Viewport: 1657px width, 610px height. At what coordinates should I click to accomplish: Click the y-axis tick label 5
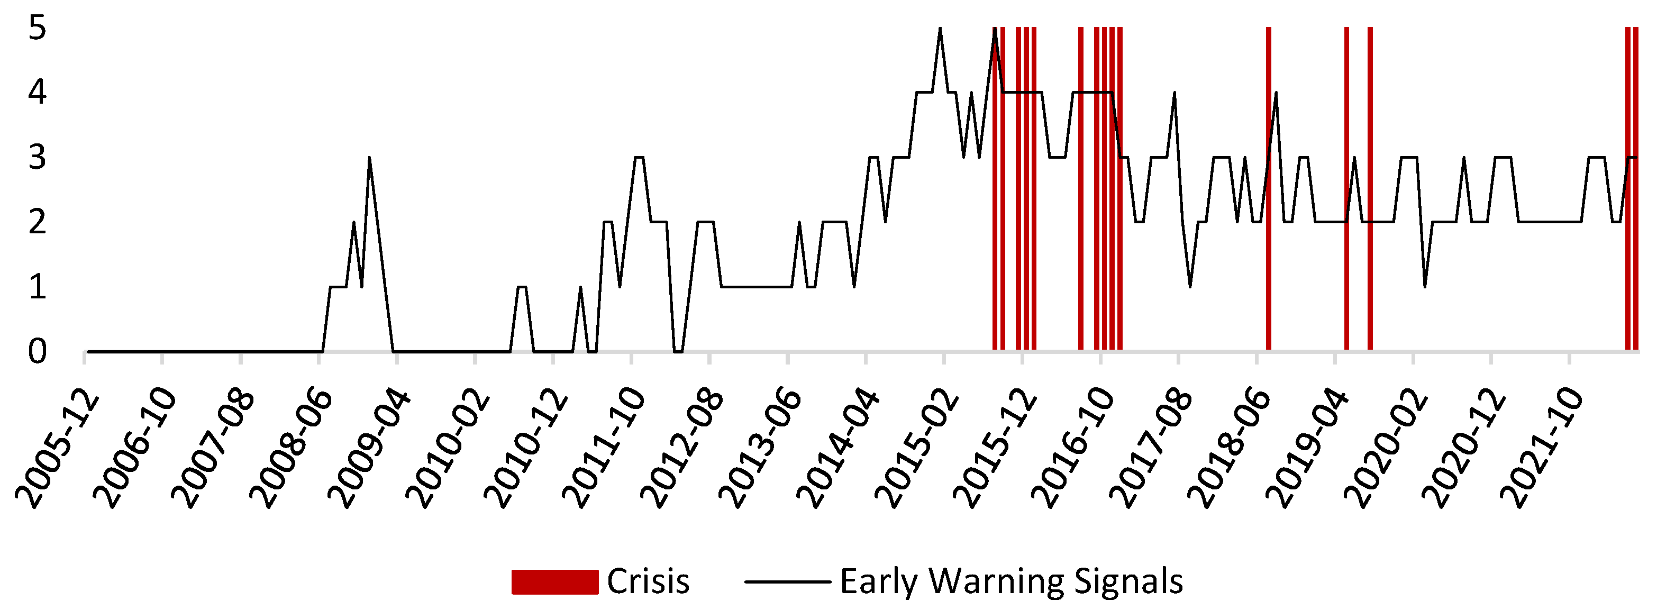coord(38,29)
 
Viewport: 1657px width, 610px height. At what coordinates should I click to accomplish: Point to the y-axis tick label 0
coord(38,352)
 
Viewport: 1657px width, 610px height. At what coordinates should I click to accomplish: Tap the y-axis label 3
coord(38,158)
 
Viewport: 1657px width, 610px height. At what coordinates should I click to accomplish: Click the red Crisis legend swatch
coord(554,581)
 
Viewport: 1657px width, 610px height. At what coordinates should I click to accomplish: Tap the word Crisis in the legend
coord(648,581)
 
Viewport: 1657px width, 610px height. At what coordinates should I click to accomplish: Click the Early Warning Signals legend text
coord(1011,581)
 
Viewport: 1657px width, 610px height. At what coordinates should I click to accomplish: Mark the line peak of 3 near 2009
coord(369,158)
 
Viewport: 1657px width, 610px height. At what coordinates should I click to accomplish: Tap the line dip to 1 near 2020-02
coord(1425,286)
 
